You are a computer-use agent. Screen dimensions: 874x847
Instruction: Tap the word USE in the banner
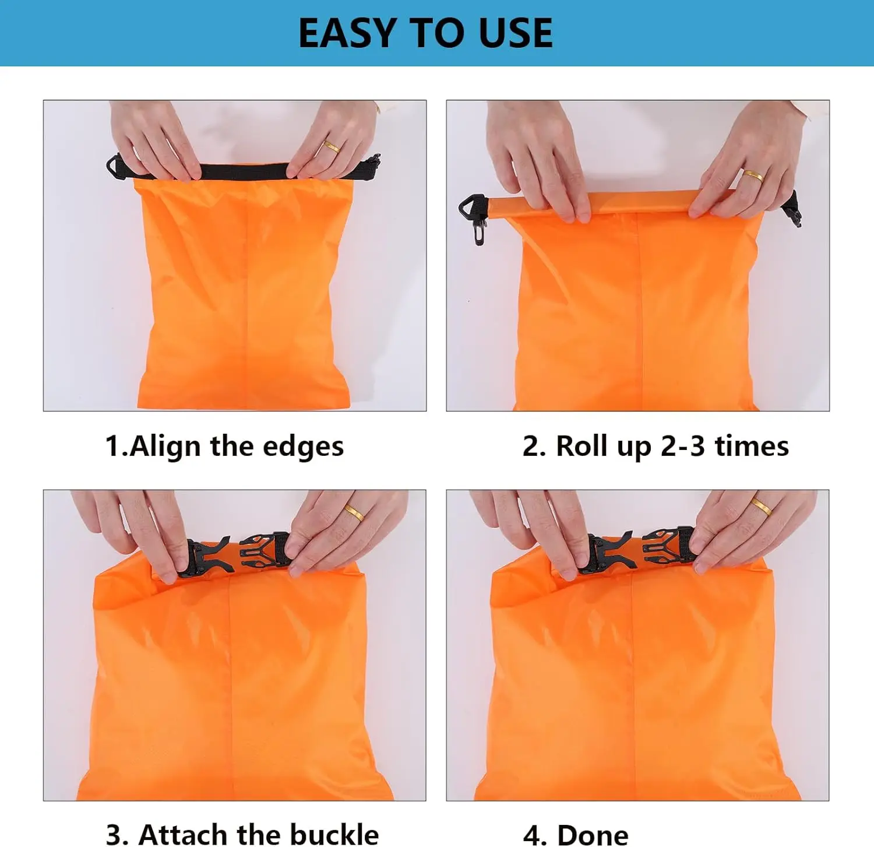click(515, 33)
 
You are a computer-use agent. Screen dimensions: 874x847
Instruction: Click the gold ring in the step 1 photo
click(332, 146)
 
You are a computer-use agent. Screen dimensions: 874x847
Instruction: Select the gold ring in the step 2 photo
click(752, 175)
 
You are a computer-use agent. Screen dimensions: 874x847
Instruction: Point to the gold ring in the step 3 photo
click(354, 512)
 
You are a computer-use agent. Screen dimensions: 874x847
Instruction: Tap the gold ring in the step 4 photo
click(762, 507)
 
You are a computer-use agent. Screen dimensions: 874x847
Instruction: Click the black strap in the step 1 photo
click(243, 170)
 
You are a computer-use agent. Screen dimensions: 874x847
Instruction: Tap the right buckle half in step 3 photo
click(265, 549)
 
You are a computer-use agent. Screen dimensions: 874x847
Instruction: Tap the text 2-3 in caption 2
click(683, 446)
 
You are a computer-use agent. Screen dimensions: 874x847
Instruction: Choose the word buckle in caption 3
click(334, 834)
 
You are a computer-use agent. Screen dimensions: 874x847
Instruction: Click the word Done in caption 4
click(593, 835)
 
